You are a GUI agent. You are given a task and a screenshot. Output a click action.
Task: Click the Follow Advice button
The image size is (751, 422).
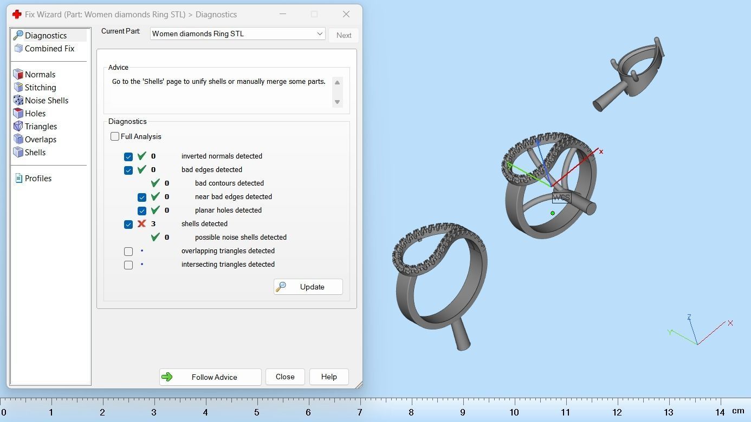[x=210, y=377]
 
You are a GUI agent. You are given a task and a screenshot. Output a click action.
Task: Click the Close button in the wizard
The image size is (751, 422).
[x=285, y=377]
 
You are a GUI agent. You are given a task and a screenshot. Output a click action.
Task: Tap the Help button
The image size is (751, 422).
[x=329, y=377]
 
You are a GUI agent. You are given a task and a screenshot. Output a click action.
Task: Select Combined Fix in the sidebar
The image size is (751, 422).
[x=49, y=49]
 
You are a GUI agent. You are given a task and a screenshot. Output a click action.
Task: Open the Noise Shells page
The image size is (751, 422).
[x=46, y=101]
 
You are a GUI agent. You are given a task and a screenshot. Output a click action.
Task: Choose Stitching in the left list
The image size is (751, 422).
[x=40, y=88]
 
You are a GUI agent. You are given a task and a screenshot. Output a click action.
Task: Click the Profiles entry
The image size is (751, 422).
[x=38, y=179]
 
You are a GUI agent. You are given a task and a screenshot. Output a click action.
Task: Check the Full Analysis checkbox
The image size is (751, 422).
[x=115, y=137]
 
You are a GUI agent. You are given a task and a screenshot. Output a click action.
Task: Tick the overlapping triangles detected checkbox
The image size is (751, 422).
[x=128, y=252]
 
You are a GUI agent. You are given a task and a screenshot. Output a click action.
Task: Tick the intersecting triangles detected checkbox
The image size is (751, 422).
[x=128, y=265]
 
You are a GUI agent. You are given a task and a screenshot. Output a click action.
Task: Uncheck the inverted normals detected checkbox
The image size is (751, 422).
[x=128, y=157]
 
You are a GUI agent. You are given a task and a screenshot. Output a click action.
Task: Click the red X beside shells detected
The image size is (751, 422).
[x=142, y=223]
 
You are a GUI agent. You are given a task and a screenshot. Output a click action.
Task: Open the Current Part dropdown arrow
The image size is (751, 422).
[x=320, y=34]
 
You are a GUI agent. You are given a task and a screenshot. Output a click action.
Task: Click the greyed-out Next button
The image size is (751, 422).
[x=344, y=35]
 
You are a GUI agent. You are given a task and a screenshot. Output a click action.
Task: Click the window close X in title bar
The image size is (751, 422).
[x=346, y=14]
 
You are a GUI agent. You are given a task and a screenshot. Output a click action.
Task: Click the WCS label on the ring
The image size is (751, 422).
[x=561, y=197]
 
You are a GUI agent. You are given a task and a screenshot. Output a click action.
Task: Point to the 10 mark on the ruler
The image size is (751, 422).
[x=514, y=412]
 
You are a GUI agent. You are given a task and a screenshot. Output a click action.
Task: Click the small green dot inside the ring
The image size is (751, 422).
[x=553, y=213]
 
